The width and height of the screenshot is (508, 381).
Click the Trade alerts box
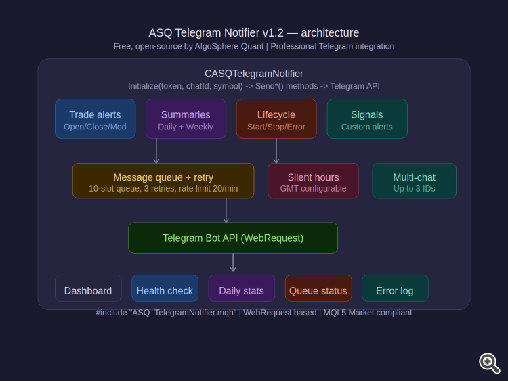click(x=95, y=119)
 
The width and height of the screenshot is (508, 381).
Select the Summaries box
click(x=186, y=119)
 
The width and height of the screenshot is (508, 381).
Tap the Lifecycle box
click(x=276, y=119)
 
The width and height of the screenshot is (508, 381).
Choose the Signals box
click(x=367, y=119)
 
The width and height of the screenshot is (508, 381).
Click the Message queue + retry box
click(x=163, y=181)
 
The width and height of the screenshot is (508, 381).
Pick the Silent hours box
click(x=313, y=181)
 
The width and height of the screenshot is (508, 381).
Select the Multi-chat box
click(x=415, y=181)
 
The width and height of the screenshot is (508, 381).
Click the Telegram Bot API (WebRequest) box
click(x=233, y=238)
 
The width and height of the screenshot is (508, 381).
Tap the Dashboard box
click(x=88, y=289)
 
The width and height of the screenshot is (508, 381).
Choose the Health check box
click(x=165, y=289)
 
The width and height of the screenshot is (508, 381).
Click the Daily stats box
click(x=242, y=289)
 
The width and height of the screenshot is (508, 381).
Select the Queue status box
click(x=318, y=289)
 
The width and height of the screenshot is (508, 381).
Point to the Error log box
click(x=395, y=289)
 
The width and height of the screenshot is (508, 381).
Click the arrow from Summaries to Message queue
click(x=156, y=151)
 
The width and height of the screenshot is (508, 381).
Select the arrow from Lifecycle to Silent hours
click(x=276, y=151)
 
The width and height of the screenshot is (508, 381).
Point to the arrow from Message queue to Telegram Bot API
click(x=226, y=210)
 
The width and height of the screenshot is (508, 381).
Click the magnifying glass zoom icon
click(x=489, y=363)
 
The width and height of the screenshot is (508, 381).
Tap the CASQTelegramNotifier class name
click(x=254, y=74)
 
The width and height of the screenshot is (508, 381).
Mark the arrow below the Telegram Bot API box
click(x=233, y=263)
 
